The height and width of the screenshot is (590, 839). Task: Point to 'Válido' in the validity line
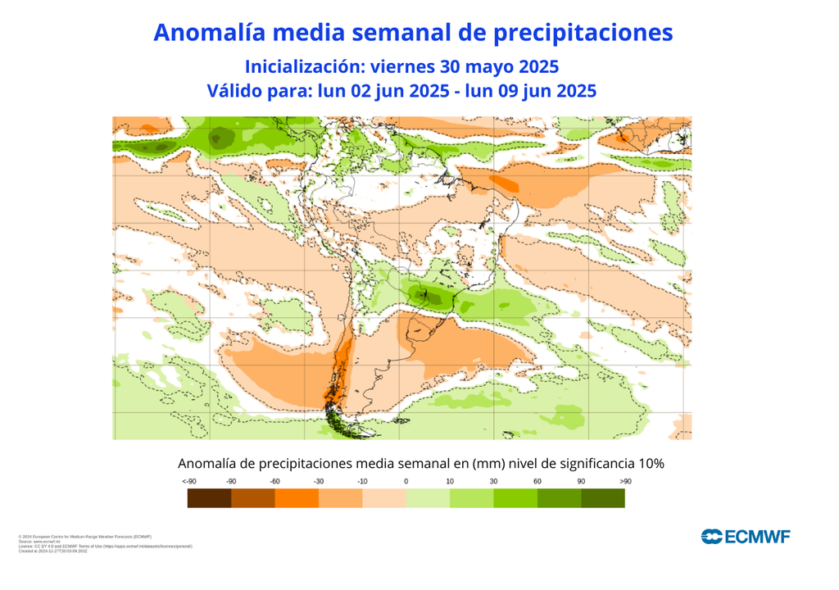click(x=235, y=90)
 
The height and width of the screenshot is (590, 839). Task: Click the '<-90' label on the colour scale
click(x=188, y=481)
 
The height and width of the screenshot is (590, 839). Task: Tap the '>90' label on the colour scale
click(x=625, y=481)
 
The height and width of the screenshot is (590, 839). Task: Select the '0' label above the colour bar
click(x=406, y=481)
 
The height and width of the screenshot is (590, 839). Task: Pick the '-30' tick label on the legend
click(x=319, y=481)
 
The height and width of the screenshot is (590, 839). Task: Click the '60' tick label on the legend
click(x=537, y=481)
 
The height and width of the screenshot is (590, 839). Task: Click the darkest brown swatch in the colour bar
click(x=209, y=497)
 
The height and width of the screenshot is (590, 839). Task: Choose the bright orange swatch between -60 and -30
click(x=297, y=497)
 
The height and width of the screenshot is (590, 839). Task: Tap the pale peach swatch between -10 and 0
click(x=384, y=497)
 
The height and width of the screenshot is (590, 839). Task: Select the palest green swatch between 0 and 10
click(x=429, y=497)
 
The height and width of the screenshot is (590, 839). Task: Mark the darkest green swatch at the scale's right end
click(x=603, y=497)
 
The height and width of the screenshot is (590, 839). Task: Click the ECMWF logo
click(x=746, y=537)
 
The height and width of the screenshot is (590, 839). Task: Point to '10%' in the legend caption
click(x=647, y=463)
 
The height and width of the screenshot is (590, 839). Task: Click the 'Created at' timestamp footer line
click(x=52, y=551)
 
